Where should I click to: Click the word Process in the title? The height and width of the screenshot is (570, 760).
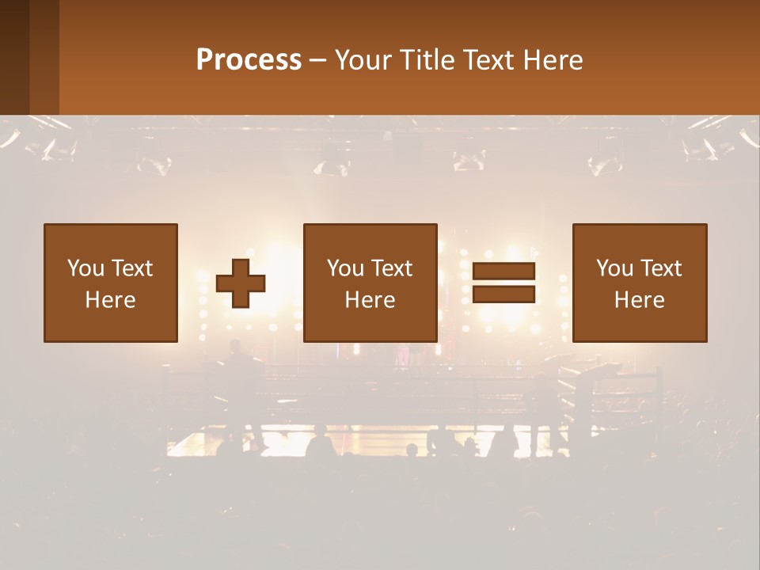point(249,60)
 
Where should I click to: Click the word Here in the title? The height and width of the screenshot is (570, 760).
point(553,60)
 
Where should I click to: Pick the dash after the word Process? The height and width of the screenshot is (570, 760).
point(317,61)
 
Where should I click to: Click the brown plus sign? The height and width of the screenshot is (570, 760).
point(241,283)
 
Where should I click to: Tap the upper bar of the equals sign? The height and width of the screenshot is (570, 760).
point(503,271)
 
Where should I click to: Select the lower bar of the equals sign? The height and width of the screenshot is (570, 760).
point(503,294)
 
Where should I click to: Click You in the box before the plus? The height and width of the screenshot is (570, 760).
point(85,268)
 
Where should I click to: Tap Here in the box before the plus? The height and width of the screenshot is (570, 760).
point(111,300)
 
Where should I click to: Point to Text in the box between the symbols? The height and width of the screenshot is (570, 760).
point(392,268)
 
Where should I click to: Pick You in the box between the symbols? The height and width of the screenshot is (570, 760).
point(344,268)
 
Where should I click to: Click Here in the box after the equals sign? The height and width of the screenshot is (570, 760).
point(640,300)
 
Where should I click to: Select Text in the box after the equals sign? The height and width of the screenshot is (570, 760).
point(661,268)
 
